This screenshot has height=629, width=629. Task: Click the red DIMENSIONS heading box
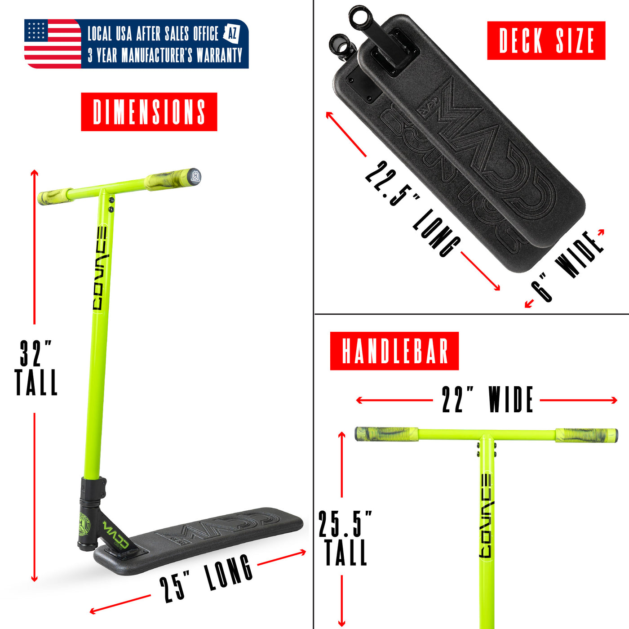pos(149,112)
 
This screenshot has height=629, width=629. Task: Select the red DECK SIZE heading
pos(546,40)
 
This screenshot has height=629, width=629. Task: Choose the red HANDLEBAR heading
pos(394,351)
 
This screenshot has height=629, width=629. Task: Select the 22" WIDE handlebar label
pos(487,400)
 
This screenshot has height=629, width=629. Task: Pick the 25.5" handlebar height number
pos(345,524)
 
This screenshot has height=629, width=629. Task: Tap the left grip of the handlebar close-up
pos(386,434)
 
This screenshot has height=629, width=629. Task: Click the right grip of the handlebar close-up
pos(586,435)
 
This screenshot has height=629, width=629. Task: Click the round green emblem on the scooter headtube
pos(84,524)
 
